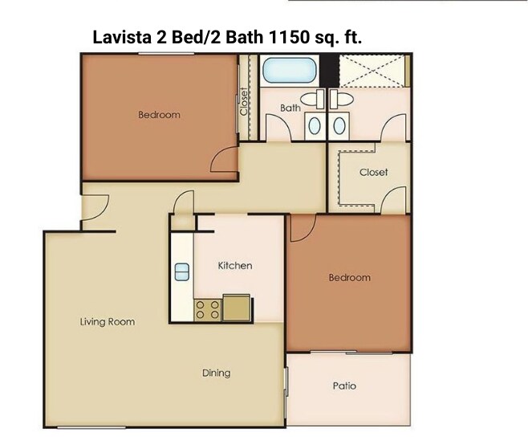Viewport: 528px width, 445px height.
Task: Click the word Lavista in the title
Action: (x=121, y=37)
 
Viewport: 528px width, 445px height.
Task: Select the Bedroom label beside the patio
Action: (x=349, y=278)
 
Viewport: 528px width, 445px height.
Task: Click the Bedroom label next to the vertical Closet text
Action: (x=159, y=115)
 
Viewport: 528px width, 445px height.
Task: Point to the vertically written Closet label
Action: (x=244, y=101)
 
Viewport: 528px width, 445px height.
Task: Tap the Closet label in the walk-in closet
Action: (x=373, y=172)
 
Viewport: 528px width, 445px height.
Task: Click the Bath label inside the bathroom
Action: (x=290, y=108)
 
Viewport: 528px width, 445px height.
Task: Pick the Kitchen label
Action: (x=235, y=265)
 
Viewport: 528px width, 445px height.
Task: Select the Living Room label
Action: (x=108, y=322)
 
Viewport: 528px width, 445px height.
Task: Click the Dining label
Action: (x=216, y=373)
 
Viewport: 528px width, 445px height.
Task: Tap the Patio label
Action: (x=344, y=386)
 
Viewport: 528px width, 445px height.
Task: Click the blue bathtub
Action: (x=290, y=69)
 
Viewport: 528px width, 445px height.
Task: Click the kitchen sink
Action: (x=181, y=271)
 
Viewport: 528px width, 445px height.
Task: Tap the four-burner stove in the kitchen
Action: (x=207, y=309)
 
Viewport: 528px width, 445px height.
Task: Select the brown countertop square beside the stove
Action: (x=236, y=308)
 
